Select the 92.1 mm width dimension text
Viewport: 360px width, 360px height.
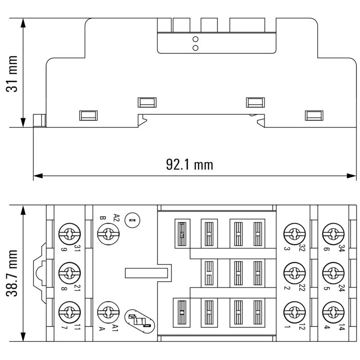point(189,165)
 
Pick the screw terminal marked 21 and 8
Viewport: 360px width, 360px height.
point(69,273)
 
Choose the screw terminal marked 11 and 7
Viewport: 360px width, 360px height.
point(69,311)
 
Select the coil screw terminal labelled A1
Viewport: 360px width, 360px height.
point(108,311)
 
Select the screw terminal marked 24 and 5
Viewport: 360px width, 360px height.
point(333,273)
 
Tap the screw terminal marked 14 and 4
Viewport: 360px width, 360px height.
point(333,311)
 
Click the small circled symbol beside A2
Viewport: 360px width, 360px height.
point(132,220)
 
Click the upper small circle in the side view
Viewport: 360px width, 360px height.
point(195,39)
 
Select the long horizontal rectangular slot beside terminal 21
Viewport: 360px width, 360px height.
point(147,273)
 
